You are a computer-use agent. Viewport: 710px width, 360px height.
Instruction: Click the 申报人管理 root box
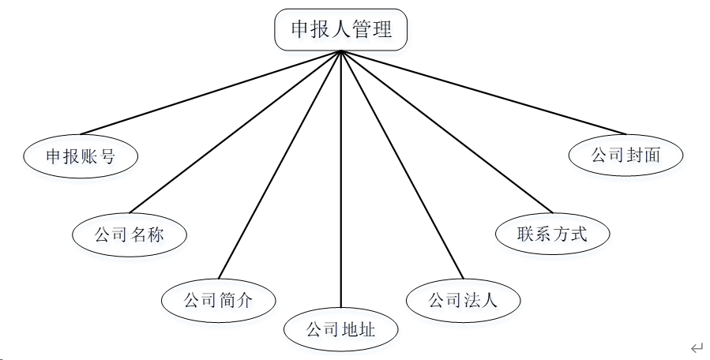(341, 30)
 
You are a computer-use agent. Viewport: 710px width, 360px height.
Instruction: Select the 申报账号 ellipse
(81, 156)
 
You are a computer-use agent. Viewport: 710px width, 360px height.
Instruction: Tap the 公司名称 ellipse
(130, 234)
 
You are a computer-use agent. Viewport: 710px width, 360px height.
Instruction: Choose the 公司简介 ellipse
(219, 300)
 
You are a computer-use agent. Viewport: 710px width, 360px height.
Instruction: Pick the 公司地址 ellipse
(341, 328)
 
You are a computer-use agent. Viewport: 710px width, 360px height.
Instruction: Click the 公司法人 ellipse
(464, 300)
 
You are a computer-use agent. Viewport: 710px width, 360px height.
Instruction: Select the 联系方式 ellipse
(553, 234)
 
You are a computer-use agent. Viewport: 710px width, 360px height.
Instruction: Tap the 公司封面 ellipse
(625, 155)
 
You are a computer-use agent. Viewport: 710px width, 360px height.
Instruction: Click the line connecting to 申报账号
(209, 92)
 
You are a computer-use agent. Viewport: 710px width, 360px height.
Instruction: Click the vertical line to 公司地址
(340, 182)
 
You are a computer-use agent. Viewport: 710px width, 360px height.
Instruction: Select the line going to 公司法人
(401, 166)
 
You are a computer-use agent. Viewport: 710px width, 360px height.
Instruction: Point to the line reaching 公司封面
(482, 92)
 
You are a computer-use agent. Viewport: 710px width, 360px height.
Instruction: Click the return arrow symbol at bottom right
(696, 347)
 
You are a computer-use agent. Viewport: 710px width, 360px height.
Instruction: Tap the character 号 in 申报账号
(107, 156)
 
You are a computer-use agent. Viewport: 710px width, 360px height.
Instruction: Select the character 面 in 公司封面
(652, 155)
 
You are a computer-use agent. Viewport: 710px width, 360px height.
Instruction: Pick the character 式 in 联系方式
(580, 234)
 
